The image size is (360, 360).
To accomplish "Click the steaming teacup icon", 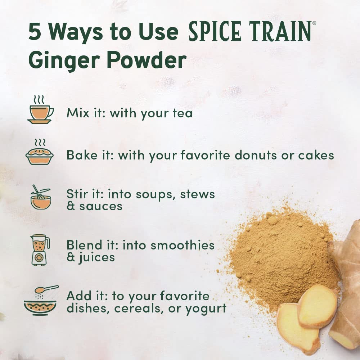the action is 40,110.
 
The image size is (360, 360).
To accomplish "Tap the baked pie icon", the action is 40,152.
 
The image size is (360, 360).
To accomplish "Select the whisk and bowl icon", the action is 41,197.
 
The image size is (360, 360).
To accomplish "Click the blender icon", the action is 40,250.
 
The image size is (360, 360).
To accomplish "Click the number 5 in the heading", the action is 35,32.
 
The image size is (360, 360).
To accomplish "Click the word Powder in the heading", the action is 147,60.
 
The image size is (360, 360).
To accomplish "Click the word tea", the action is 183,113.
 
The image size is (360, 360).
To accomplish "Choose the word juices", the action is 96,258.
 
